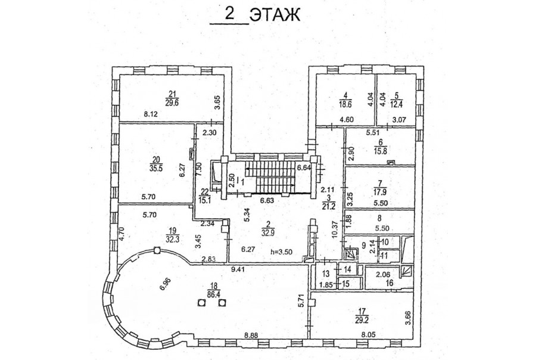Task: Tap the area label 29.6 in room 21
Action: pyautogui.click(x=172, y=101)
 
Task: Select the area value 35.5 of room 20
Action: pyautogui.click(x=156, y=168)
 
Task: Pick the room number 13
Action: pyautogui.click(x=325, y=273)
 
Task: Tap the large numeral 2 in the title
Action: pyautogui.click(x=228, y=13)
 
